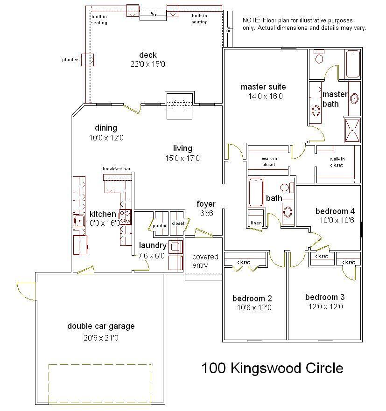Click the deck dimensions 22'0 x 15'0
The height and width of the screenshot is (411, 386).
(x=147, y=64)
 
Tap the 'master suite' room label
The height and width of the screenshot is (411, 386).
(x=263, y=87)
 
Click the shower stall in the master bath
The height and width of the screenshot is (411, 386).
(x=352, y=130)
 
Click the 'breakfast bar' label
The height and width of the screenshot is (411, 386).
(x=117, y=169)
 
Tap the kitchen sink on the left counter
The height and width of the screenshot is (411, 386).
(x=78, y=220)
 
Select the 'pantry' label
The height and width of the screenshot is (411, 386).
(x=159, y=226)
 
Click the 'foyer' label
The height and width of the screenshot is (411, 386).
(x=206, y=204)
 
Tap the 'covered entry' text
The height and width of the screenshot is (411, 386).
(x=205, y=261)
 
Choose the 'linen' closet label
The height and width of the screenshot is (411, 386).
(x=255, y=223)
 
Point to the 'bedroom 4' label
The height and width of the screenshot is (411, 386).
(x=335, y=211)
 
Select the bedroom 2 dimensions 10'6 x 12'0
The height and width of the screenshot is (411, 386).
(x=254, y=307)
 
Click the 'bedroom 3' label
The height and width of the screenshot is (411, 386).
(x=324, y=297)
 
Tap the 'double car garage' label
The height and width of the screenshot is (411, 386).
(x=101, y=326)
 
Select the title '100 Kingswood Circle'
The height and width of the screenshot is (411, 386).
(x=272, y=369)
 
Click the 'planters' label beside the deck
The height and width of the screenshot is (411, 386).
(x=71, y=60)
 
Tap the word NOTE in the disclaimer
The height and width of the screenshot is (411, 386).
(x=251, y=21)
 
